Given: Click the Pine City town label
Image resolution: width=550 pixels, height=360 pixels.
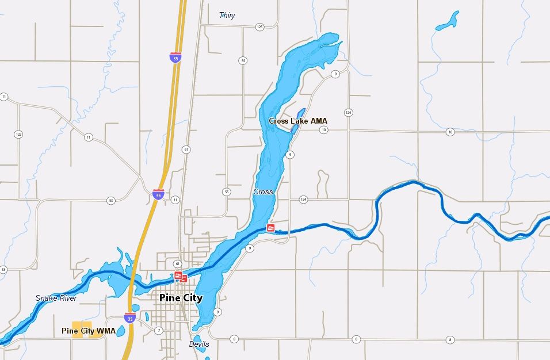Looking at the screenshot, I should tap(181, 298).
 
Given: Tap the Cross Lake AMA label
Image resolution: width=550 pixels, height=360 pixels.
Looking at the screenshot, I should tap(297, 121).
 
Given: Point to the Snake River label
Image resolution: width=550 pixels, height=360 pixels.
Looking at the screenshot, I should tap(56, 298).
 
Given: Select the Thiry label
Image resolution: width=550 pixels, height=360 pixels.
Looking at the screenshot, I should tap(227, 16).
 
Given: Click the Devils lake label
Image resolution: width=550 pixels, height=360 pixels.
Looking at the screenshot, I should tap(199, 344).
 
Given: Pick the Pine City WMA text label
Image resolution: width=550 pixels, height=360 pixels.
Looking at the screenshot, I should tap(88, 331).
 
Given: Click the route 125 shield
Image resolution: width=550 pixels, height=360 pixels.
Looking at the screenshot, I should tap(259, 27).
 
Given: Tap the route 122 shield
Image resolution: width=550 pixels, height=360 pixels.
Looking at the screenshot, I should tap(18, 135).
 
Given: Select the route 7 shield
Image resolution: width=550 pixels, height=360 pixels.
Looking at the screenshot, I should tap(159, 330).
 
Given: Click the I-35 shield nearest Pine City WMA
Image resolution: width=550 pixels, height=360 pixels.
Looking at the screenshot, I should tap(130, 317).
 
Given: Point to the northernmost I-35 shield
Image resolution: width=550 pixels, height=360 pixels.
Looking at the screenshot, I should tap(175, 56).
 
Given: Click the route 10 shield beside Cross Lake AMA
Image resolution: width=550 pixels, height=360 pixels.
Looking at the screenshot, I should tap(324, 131).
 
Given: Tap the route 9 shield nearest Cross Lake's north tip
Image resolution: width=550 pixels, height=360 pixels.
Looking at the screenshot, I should tap(334, 74).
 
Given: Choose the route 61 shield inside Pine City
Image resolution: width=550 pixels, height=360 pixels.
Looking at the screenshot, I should tap(178, 263).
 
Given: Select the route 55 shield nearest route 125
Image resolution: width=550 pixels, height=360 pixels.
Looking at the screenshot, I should tap(244, 60).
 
